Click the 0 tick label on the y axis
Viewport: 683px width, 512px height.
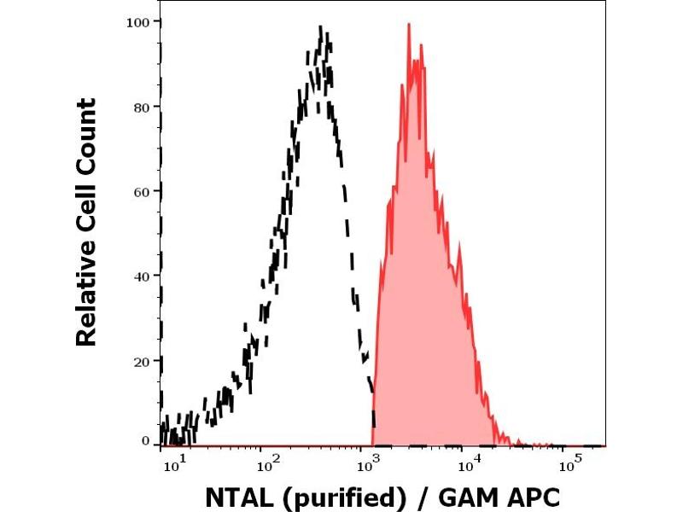point(146,441)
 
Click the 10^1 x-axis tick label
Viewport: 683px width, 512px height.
point(172,464)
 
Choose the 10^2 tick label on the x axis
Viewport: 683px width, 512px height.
point(271,464)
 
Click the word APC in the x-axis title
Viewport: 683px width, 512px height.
point(533,496)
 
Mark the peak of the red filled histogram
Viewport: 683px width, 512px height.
point(409,25)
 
